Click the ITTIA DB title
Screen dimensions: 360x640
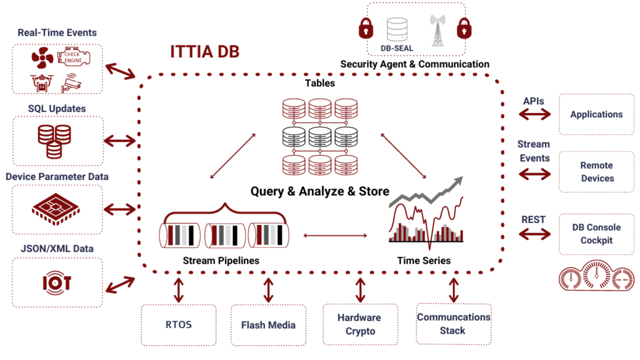coord(204,52)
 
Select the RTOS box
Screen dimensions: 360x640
coord(179,324)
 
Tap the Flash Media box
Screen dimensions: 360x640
coord(268,324)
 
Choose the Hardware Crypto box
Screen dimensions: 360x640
coord(359,324)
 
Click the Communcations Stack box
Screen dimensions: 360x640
coord(453,324)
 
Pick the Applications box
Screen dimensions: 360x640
coord(596,114)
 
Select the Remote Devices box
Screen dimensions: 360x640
coord(596,172)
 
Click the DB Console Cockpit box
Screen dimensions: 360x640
coord(596,234)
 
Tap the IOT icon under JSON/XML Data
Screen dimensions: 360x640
coord(57,282)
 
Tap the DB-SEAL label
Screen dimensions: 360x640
coord(397,47)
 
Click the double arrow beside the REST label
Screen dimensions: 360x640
coord(535,234)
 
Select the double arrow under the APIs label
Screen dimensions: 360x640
coord(535,114)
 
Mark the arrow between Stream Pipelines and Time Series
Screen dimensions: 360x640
coord(334,236)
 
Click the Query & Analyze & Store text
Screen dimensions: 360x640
coord(320,191)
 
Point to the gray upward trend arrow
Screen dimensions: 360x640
coord(437,187)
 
